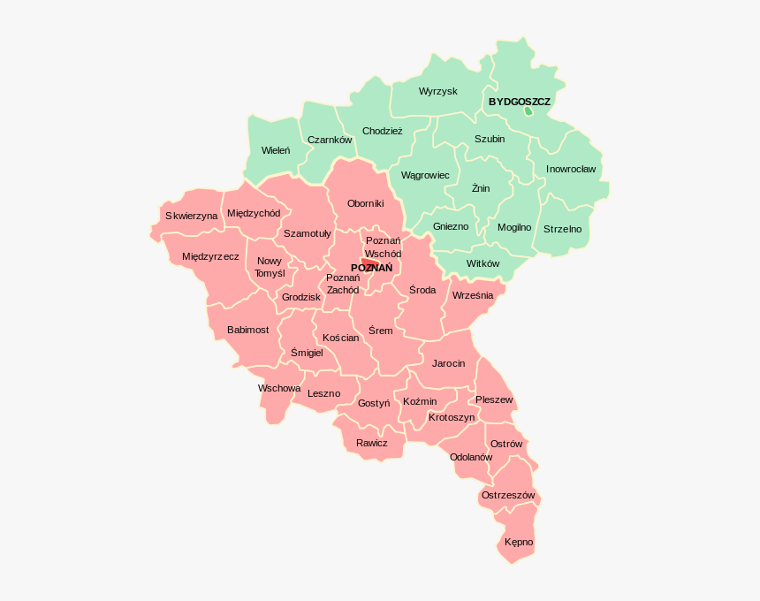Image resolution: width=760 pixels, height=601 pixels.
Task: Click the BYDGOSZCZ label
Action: [519, 102]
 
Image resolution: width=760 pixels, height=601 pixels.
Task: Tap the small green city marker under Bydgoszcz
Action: [528, 112]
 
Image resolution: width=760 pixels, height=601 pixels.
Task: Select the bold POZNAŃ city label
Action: [371, 268]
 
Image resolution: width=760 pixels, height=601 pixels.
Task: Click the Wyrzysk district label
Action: [437, 91]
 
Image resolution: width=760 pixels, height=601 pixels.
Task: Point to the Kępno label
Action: [519, 541]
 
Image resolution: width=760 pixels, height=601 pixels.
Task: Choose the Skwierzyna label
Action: [191, 216]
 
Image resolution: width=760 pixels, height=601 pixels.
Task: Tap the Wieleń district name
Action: [275, 150]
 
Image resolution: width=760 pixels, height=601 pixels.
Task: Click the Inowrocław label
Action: [570, 169]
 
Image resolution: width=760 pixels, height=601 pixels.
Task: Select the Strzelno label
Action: [562, 229]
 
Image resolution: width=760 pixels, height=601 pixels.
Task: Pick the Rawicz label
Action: [371, 443]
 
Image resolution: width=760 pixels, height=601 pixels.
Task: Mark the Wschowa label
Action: [279, 388]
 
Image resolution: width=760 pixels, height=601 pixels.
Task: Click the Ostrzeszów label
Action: [508, 495]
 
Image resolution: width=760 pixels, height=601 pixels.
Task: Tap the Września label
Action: [472, 295]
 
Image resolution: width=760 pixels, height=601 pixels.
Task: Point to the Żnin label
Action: [480, 187]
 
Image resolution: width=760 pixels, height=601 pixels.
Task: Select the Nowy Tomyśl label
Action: [270, 267]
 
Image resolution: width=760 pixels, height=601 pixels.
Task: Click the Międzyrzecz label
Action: [210, 256]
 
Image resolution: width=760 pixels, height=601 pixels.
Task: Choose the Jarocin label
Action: [448, 363]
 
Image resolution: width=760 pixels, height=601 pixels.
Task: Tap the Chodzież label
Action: [382, 131]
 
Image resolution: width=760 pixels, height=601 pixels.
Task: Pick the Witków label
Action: [483, 263]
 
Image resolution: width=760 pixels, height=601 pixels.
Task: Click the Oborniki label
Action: [365, 203]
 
